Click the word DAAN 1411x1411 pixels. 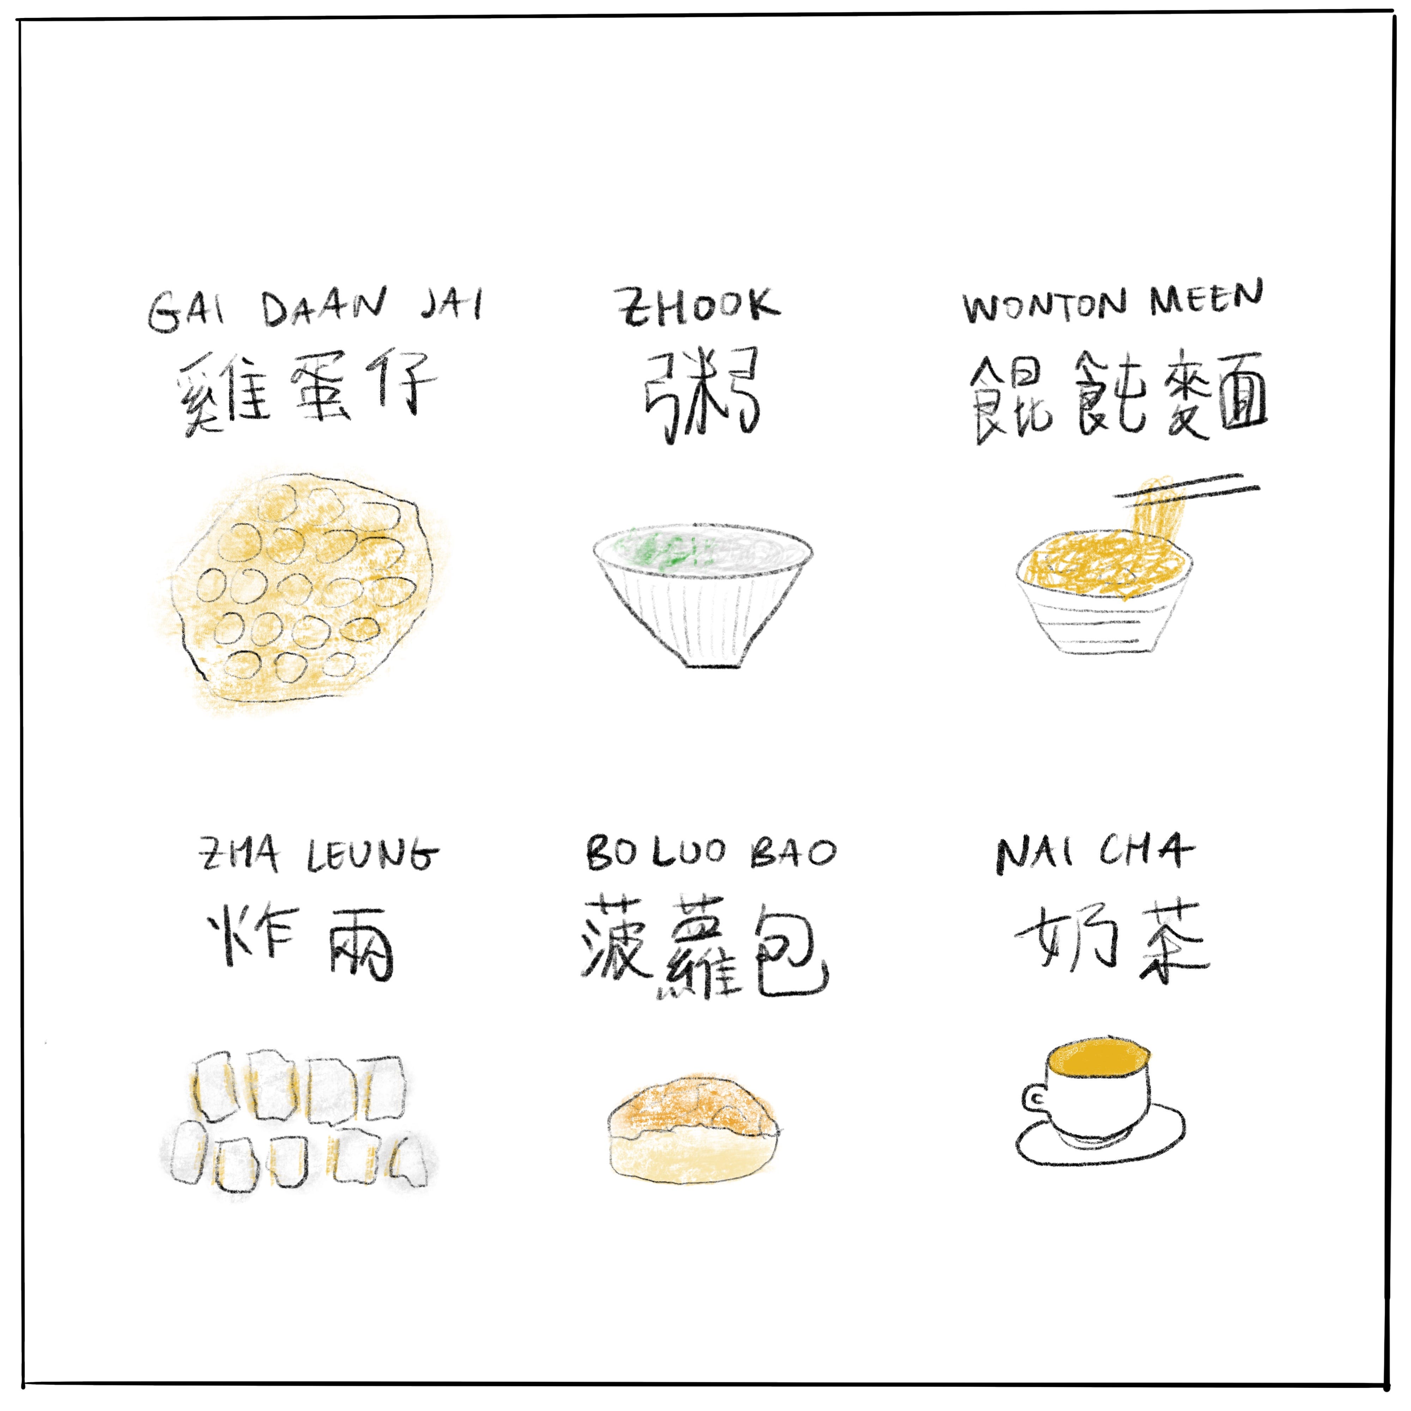(x=323, y=308)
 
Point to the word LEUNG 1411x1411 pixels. (x=373, y=854)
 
